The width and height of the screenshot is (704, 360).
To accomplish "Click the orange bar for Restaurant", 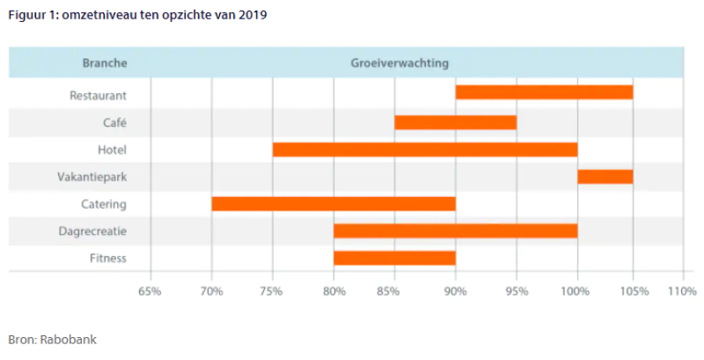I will coord(544,92).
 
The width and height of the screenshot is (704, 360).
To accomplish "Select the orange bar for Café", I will coord(455,121).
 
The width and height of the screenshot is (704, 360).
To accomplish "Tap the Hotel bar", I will coord(425,149).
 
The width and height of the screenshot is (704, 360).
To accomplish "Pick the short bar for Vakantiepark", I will coord(605,176).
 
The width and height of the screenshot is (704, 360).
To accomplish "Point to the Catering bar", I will coord(334,203).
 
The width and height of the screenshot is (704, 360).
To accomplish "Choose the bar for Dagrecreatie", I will coord(455,231).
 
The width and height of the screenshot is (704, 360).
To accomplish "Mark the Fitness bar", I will coord(394,258).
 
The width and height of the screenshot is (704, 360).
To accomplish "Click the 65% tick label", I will coord(150,291).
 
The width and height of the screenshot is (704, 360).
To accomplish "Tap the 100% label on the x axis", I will coord(577,291).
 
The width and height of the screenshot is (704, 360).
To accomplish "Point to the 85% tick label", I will coord(394,291).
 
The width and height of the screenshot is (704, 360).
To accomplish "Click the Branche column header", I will coord(105,63).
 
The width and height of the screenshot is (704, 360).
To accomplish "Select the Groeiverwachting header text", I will coord(400,63).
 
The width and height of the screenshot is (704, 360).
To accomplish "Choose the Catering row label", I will coord(102,204).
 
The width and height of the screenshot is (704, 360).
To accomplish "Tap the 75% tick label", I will coord(273,291).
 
